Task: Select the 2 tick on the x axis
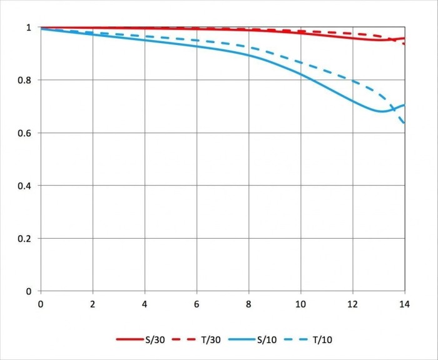(93, 304)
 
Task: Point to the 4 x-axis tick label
(145, 304)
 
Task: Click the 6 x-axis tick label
(196, 304)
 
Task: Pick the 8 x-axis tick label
(249, 304)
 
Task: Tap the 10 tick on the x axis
(301, 304)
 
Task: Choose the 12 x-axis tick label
(353, 304)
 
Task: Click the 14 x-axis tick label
(405, 304)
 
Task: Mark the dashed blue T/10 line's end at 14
(404, 122)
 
